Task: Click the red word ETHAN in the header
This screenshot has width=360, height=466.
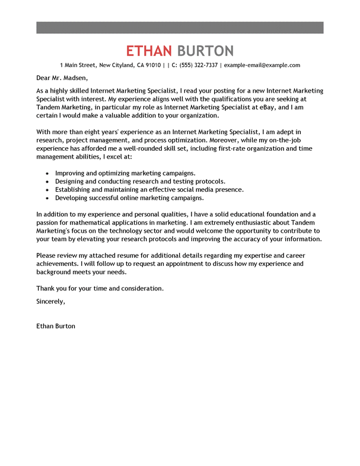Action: [x=148, y=50]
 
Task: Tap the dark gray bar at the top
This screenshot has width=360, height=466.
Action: [x=180, y=27]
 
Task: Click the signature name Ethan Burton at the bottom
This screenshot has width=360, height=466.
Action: [x=56, y=326]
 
